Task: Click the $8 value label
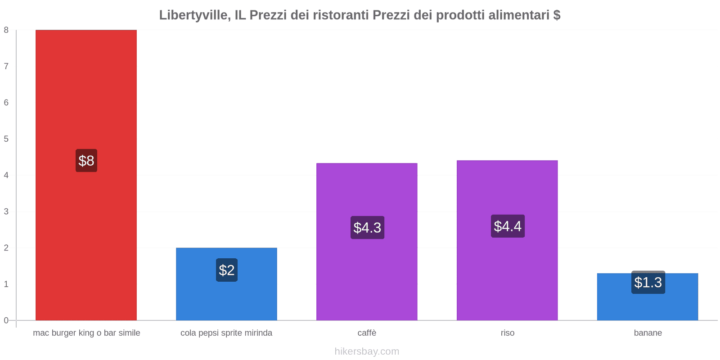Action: (x=86, y=161)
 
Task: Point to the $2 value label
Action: (x=227, y=270)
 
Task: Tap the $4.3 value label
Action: (x=367, y=228)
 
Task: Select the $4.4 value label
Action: (x=508, y=226)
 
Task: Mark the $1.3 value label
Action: (x=648, y=283)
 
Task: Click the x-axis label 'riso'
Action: (x=508, y=333)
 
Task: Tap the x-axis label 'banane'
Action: (x=648, y=333)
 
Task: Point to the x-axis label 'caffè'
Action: (x=367, y=333)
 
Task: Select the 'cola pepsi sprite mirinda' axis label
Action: (x=226, y=333)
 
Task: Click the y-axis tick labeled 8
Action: (x=6, y=30)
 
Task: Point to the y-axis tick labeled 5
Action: (x=6, y=139)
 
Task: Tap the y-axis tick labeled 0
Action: (x=6, y=320)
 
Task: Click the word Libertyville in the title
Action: (x=193, y=15)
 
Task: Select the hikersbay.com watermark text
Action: (x=367, y=351)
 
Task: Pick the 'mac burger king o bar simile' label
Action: (x=86, y=333)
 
